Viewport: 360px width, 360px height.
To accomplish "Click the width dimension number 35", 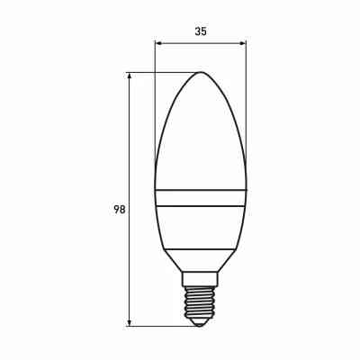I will point(200,31).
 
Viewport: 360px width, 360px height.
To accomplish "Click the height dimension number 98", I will point(119,209).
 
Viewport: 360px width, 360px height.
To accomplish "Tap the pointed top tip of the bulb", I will point(200,73).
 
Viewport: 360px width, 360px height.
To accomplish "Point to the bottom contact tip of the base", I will point(200,323).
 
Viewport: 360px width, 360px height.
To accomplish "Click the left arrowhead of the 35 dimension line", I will point(157,42).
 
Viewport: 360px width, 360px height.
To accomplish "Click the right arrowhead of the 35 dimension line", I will point(243,42).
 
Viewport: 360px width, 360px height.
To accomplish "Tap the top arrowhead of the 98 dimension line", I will point(131,76).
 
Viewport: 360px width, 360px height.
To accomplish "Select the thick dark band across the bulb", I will point(200,198).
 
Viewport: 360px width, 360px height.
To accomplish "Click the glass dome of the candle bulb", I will point(200,135).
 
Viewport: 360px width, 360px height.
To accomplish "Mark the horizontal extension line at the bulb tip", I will point(162,73).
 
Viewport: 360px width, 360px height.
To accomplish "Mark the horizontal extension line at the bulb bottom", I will point(162,325).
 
